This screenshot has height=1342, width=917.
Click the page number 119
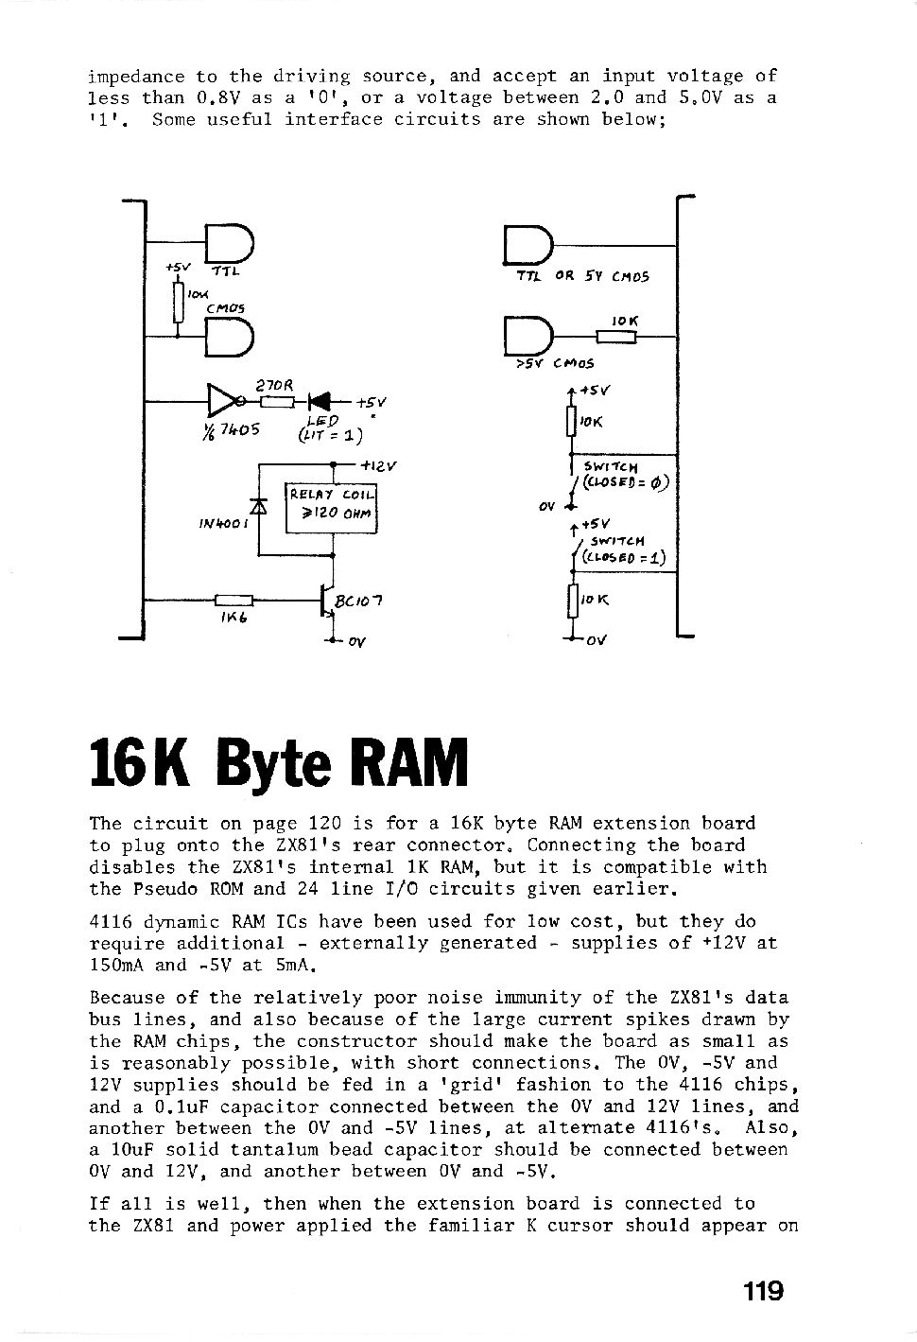point(763,1291)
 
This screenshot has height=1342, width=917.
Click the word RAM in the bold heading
point(413,763)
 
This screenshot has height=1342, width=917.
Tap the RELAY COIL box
point(331,508)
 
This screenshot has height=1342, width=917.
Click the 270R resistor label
point(274,387)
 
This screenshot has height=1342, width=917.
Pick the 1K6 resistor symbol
point(234,600)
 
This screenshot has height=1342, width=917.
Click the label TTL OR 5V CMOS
point(582,276)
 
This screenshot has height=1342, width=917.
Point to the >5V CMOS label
point(555,363)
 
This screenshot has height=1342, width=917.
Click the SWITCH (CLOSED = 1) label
point(624,550)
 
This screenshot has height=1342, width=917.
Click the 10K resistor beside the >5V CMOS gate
point(616,338)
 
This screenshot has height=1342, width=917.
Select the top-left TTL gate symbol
point(230,244)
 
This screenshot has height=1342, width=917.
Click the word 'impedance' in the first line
point(136,78)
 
